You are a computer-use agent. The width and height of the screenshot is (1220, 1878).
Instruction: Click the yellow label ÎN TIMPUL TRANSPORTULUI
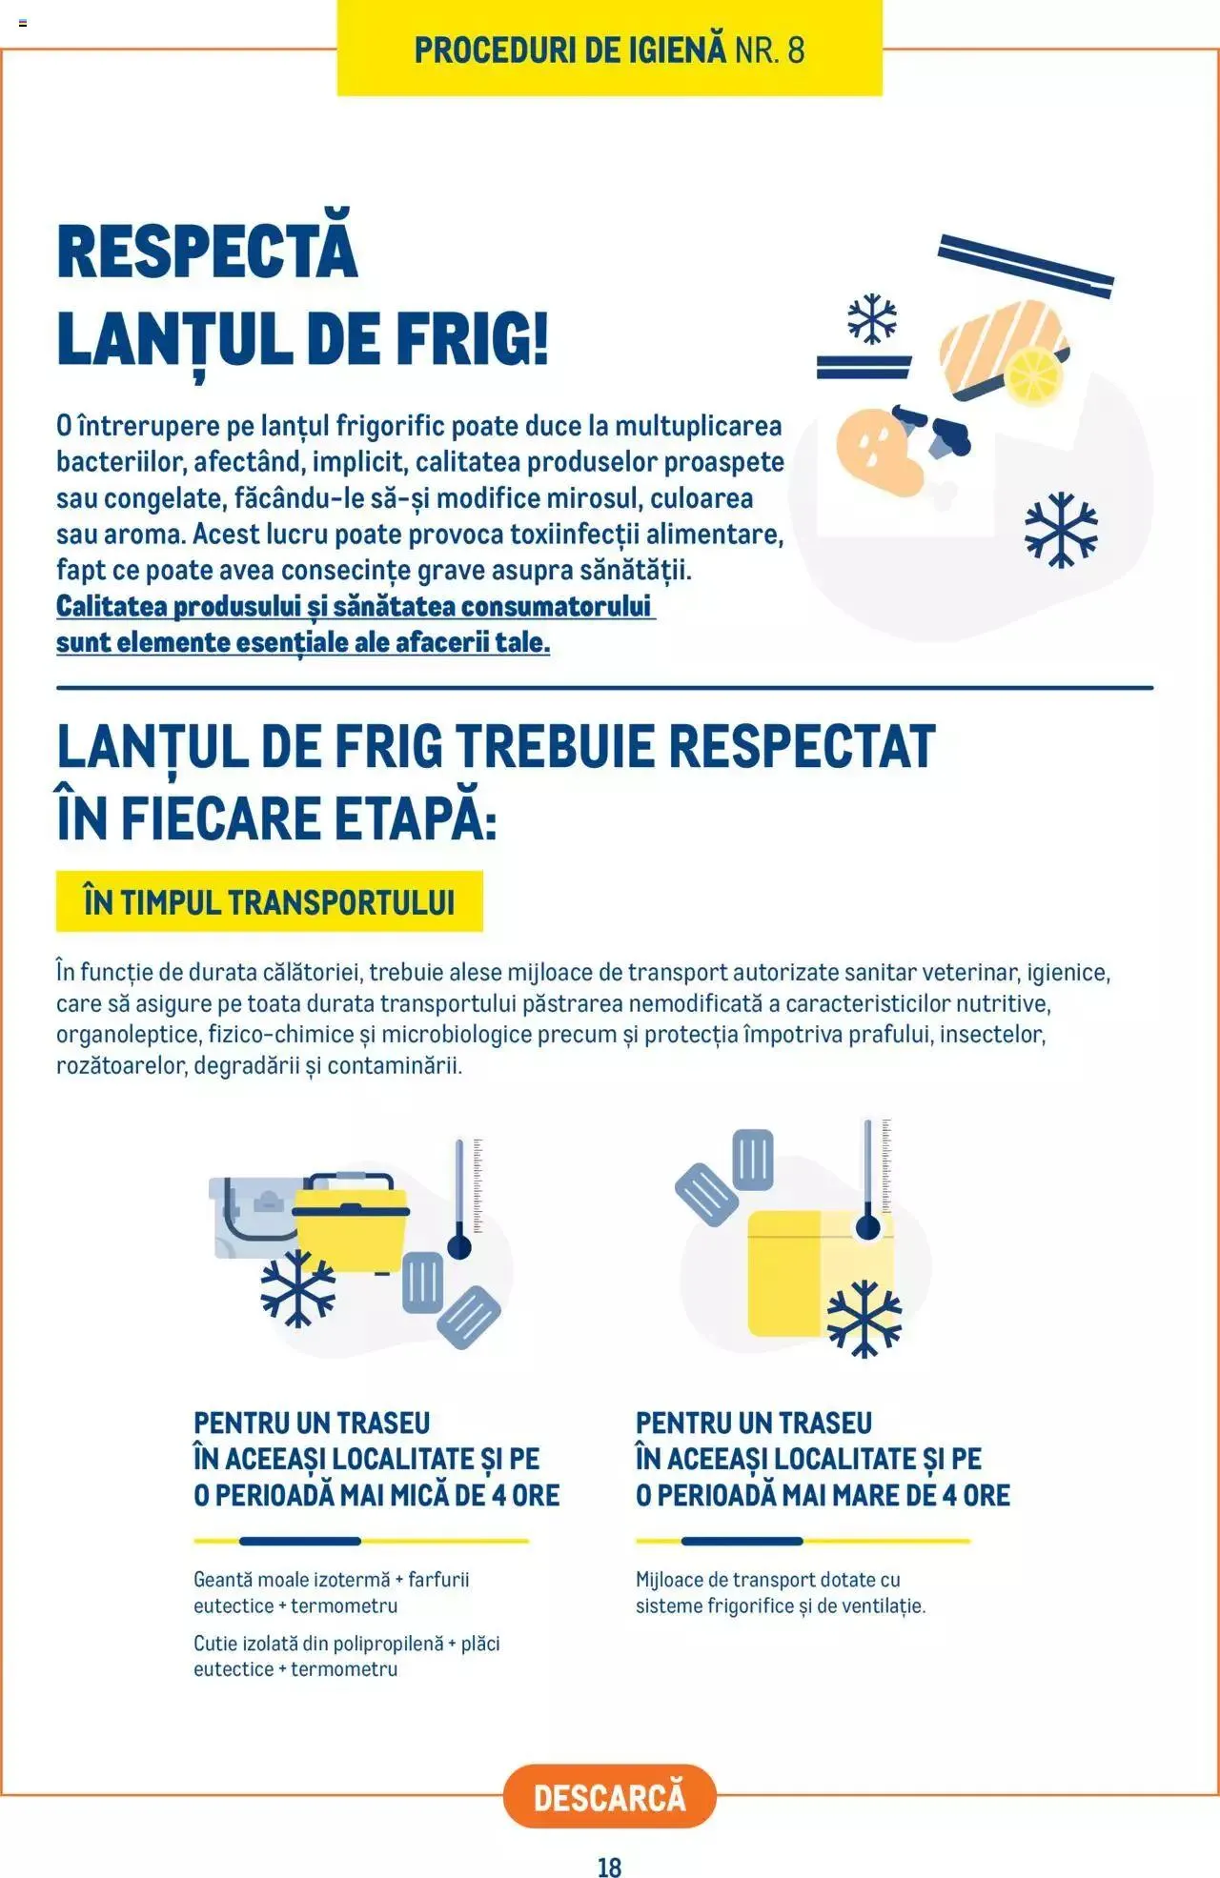pyautogui.click(x=269, y=901)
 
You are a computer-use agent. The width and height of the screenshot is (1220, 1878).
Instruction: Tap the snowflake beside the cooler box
pyautogui.click(x=298, y=1288)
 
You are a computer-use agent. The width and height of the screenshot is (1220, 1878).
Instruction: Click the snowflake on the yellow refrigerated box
pyautogui.click(x=864, y=1318)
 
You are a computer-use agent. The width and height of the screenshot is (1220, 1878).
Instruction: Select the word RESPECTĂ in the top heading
pyautogui.click(x=207, y=252)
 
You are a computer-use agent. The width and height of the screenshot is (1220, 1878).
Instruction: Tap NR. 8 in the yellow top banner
pyautogui.click(x=769, y=50)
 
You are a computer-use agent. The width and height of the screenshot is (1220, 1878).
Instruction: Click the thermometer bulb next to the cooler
pyautogui.click(x=459, y=1246)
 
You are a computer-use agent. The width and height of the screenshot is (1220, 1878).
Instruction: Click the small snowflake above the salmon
pyautogui.click(x=872, y=318)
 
